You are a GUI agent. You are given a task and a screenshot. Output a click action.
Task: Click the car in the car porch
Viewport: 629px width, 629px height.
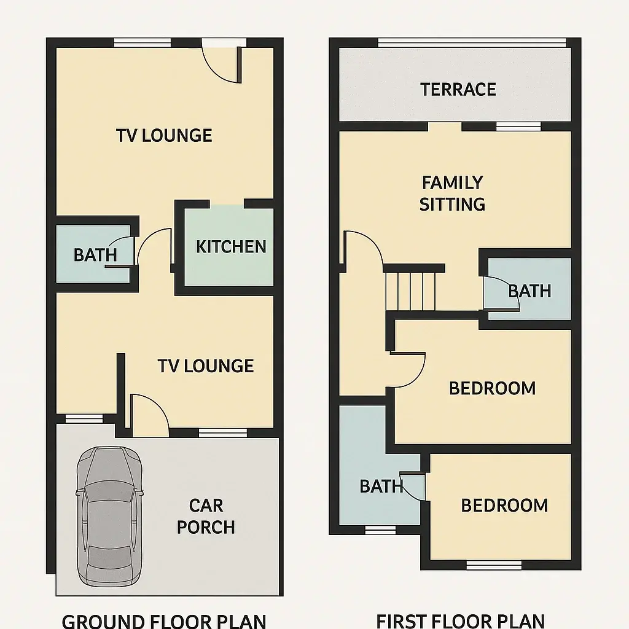point(109,516)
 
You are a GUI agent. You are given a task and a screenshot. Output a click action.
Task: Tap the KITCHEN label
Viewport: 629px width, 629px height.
point(231,247)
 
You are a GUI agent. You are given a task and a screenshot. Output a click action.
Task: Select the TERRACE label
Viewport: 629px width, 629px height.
point(458,90)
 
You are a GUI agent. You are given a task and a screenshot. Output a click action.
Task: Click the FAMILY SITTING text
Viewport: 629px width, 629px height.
point(452,193)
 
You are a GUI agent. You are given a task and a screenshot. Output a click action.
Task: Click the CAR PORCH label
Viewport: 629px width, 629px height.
point(206,517)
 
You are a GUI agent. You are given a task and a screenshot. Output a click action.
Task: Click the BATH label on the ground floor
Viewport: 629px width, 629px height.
point(95,255)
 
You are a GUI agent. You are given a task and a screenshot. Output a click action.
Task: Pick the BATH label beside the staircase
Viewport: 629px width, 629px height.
point(529,291)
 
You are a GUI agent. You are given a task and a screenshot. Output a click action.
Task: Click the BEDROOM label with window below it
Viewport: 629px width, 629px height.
point(504,506)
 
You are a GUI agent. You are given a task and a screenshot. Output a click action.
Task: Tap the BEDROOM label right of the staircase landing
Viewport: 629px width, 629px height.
point(492,388)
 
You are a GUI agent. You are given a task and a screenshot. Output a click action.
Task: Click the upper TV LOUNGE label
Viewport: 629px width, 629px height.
point(164,135)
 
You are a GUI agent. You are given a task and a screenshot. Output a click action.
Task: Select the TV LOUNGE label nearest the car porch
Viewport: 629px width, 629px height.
point(206,366)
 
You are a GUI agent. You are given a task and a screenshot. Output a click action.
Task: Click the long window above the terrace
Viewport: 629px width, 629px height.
point(472,42)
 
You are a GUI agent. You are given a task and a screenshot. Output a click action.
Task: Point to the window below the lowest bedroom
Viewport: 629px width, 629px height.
point(485,564)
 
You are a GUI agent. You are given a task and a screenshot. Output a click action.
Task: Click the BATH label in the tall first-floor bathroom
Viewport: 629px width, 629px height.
point(381,486)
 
